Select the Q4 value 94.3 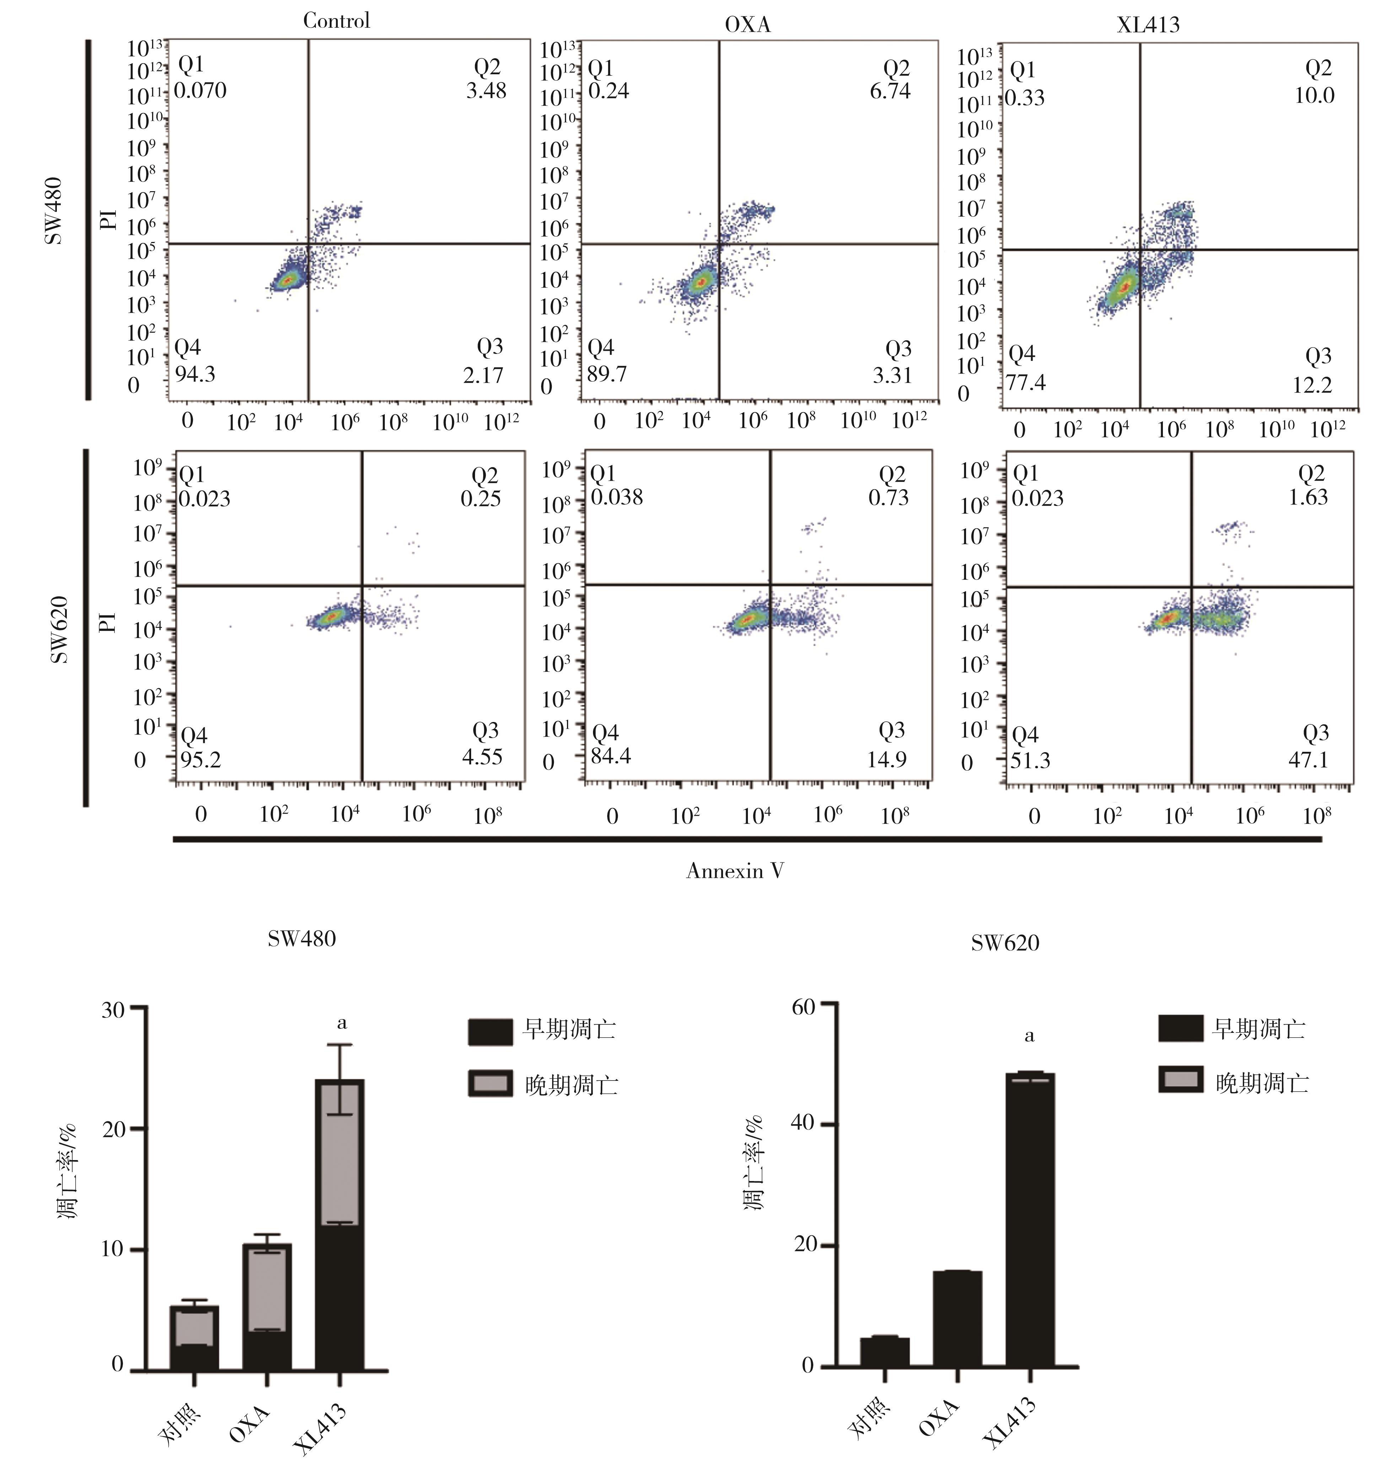tap(195, 374)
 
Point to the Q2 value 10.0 tap(1314, 95)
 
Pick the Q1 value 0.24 tap(608, 91)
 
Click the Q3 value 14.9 tap(886, 759)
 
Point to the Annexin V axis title tap(735, 871)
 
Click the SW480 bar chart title tap(302, 939)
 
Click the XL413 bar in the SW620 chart tap(1029, 1218)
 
